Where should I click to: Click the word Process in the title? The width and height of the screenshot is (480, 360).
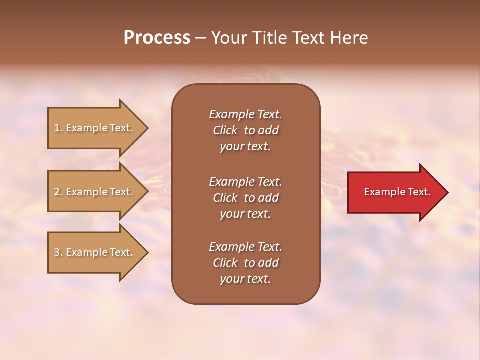point(157,38)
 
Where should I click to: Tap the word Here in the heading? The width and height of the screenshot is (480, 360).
point(349,38)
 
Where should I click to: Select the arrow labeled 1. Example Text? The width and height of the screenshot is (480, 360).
point(95,128)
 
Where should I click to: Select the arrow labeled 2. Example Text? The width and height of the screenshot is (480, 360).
point(95,192)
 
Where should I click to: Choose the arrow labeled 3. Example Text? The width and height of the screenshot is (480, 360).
point(95,252)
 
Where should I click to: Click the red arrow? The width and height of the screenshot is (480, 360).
point(395,192)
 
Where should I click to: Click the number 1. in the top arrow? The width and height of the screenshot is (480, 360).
point(58,128)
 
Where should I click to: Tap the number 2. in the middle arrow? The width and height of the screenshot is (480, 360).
point(58,192)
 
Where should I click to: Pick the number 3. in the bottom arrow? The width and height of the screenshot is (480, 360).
point(58,252)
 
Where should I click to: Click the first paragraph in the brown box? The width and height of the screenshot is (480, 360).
point(245,130)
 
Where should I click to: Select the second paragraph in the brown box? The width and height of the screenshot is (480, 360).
point(245,198)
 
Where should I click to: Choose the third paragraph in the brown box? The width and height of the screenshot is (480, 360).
point(245,263)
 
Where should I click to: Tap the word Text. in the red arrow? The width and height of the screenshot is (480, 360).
point(419,192)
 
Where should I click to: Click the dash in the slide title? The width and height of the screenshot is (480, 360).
point(200,38)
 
